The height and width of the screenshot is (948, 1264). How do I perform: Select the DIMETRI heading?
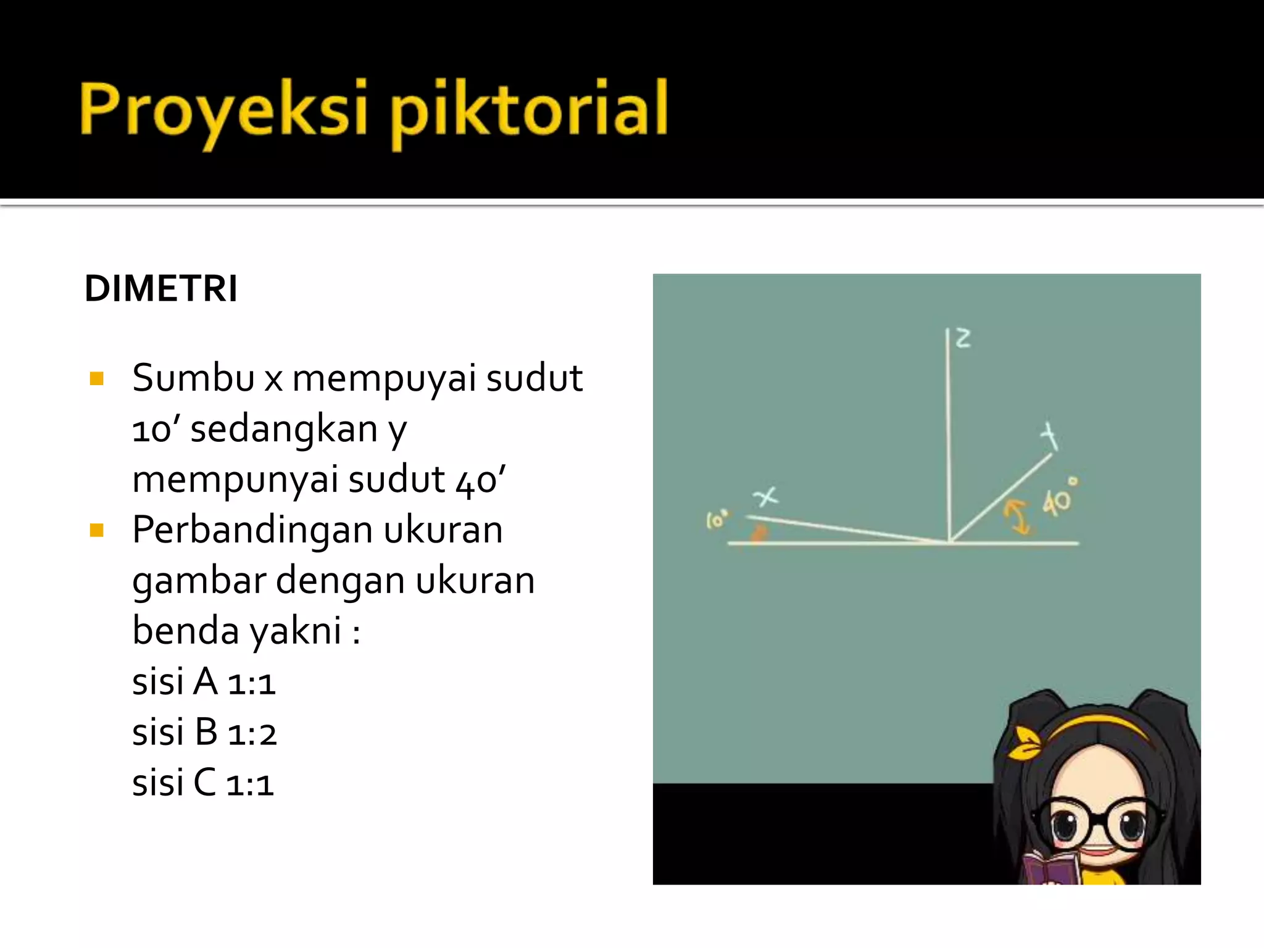[x=161, y=288]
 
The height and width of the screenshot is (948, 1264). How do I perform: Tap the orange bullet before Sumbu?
[x=96, y=378]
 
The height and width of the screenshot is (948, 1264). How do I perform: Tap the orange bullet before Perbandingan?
[x=96, y=530]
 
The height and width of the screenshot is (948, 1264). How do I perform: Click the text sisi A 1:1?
[x=204, y=683]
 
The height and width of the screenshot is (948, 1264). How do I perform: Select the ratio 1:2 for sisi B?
[x=252, y=734]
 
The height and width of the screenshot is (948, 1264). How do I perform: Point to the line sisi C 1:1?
[x=202, y=784]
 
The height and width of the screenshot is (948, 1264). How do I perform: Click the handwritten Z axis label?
[x=963, y=338]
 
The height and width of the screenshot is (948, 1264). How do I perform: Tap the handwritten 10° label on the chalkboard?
[x=717, y=520]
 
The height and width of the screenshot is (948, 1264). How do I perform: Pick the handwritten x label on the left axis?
[x=765, y=496]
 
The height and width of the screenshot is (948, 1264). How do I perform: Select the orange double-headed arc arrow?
[x=1017, y=517]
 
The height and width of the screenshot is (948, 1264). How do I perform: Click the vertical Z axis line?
[x=949, y=432]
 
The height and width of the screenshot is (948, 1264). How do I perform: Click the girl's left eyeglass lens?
[x=1066, y=825]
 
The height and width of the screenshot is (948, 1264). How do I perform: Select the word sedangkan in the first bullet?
[x=283, y=429]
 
